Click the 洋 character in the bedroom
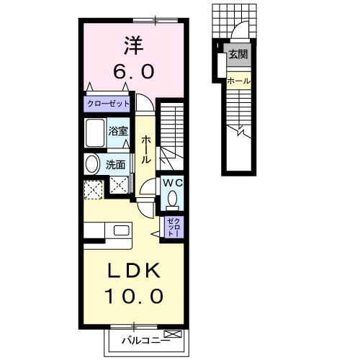pyautogui.click(x=132, y=46)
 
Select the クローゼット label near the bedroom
pyautogui.click(x=108, y=104)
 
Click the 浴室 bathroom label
pyautogui.click(x=118, y=131)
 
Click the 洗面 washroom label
pyautogui.click(x=116, y=164)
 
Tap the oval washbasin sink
pyautogui.click(x=92, y=164)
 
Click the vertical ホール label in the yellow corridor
pyautogui.click(x=146, y=149)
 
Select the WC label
pyautogui.click(x=173, y=184)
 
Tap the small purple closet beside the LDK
pyautogui.click(x=174, y=228)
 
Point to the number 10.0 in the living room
pyautogui.click(x=135, y=295)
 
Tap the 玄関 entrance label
pyautogui.click(x=237, y=53)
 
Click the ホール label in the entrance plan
pyautogui.click(x=238, y=81)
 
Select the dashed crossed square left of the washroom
pyautogui.click(x=94, y=189)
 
